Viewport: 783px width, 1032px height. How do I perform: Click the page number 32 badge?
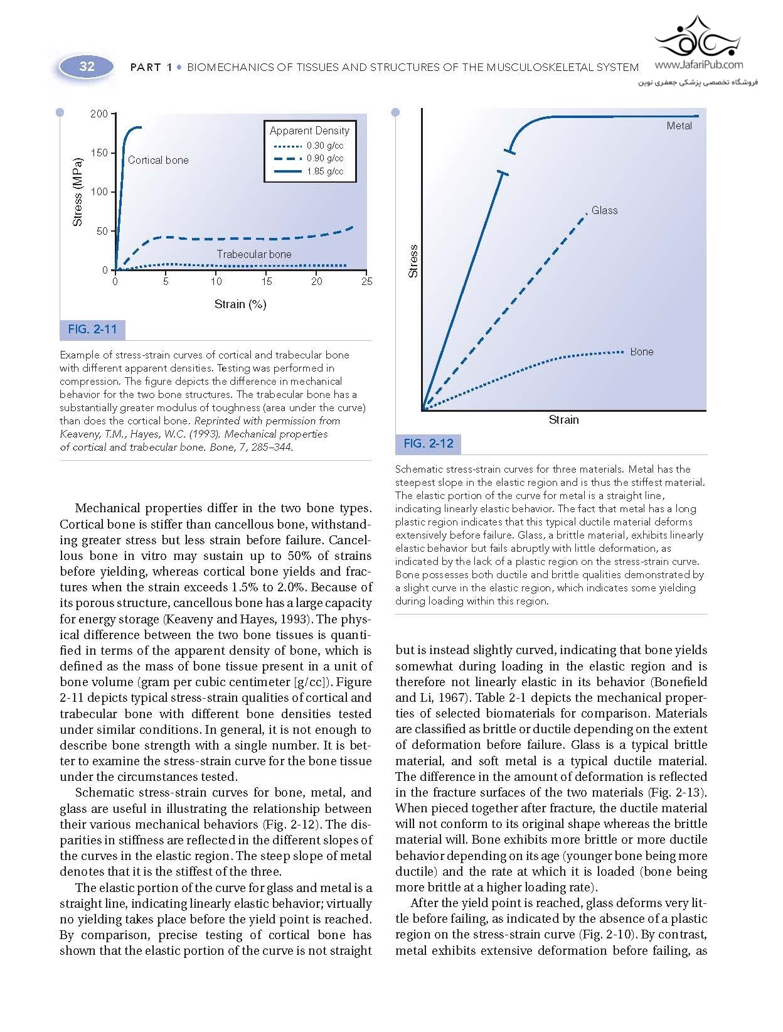click(87, 67)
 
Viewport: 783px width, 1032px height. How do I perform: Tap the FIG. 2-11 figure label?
click(92, 330)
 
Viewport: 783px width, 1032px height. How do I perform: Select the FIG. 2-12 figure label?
click(429, 444)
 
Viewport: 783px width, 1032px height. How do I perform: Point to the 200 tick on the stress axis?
click(99, 114)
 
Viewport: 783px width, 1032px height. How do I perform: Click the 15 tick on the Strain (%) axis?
click(267, 282)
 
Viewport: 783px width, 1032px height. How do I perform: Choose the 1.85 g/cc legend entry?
click(325, 171)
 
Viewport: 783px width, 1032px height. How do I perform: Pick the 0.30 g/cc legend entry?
click(325, 146)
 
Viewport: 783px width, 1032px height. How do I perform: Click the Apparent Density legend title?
click(309, 131)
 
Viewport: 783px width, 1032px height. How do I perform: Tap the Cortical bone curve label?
click(158, 160)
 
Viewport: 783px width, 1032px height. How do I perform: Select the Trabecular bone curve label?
click(254, 254)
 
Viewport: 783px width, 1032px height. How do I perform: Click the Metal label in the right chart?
click(679, 126)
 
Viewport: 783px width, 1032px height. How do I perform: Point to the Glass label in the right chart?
click(605, 210)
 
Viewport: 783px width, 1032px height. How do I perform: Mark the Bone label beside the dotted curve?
click(642, 352)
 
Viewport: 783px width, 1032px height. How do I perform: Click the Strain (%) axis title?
click(240, 304)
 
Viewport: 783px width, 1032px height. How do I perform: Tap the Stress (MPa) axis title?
click(78, 191)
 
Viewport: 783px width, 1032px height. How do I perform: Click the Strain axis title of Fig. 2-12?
click(563, 420)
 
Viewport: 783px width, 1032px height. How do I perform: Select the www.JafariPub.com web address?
click(698, 65)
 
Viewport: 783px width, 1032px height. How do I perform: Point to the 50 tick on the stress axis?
click(102, 231)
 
